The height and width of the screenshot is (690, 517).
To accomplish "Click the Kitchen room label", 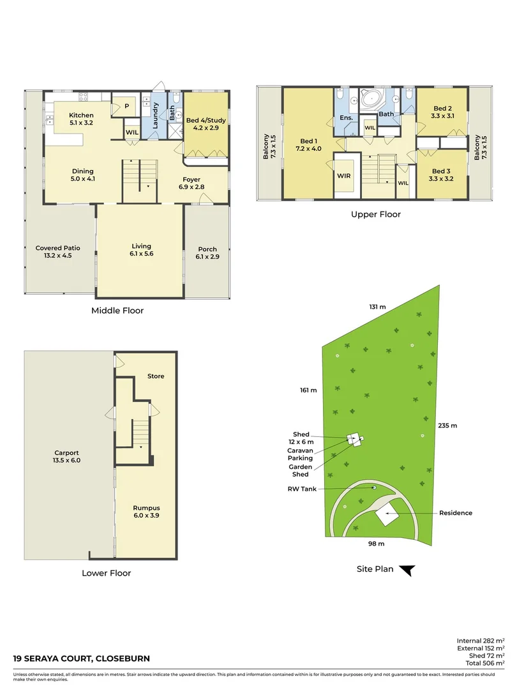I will pyautogui.click(x=81, y=119).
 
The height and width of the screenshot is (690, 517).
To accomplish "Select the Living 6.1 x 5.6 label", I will pyautogui.click(x=142, y=250).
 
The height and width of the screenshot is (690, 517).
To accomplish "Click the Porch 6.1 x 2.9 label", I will pyautogui.click(x=207, y=253).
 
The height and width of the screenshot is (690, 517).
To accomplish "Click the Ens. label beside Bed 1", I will pyautogui.click(x=346, y=118).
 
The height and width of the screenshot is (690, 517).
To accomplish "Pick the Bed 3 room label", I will pyautogui.click(x=442, y=174).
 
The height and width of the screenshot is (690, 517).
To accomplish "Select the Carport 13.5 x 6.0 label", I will pyautogui.click(x=67, y=456).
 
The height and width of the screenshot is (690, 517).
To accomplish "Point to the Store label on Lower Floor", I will pyautogui.click(x=156, y=376).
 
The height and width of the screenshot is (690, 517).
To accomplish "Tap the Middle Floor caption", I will pyautogui.click(x=117, y=311).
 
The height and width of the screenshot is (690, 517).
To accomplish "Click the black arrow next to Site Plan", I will pyautogui.click(x=407, y=570).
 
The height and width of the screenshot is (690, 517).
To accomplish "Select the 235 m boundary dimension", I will pyautogui.click(x=448, y=425).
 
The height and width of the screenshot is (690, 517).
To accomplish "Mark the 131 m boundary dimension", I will pyautogui.click(x=377, y=307).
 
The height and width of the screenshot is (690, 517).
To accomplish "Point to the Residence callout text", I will pyautogui.click(x=456, y=513).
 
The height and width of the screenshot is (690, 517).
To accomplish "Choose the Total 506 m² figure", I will pyautogui.click(x=482, y=663).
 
